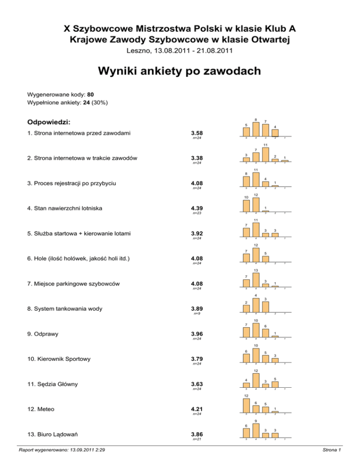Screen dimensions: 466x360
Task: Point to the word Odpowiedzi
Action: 49,122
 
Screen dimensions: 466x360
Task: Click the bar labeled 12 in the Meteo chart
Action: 246,406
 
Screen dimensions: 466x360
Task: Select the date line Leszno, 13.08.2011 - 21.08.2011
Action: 180,50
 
